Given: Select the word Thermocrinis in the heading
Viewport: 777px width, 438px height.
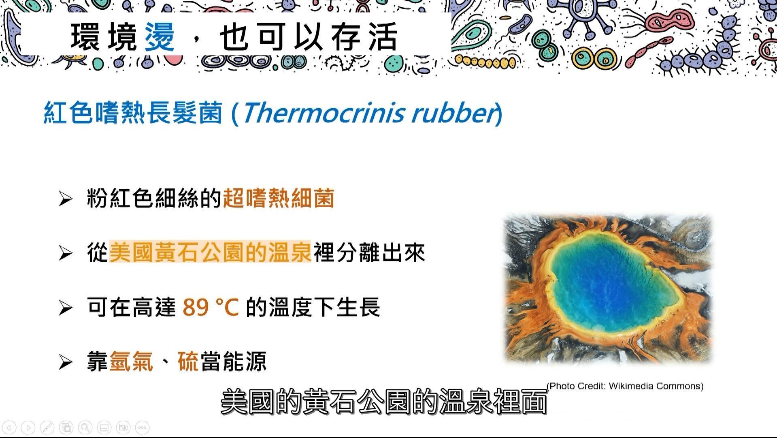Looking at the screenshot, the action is click(323, 112).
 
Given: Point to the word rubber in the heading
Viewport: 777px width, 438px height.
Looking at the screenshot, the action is click(454, 112).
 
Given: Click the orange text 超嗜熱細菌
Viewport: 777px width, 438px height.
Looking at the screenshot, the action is click(279, 199).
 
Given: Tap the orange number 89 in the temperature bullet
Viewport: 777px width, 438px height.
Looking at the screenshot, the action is click(196, 307).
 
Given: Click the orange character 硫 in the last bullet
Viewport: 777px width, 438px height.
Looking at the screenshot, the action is click(188, 361).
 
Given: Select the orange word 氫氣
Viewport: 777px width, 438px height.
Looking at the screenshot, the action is click(131, 361).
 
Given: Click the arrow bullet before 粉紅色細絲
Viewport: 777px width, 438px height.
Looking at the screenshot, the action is click(65, 199).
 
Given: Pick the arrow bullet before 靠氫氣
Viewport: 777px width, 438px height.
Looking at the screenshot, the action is click(65, 361).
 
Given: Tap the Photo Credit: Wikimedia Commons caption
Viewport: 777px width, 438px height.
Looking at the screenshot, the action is click(625, 386).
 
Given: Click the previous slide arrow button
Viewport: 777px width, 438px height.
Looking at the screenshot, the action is click(9, 427).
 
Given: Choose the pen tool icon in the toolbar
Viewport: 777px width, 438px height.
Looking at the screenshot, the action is click(47, 427).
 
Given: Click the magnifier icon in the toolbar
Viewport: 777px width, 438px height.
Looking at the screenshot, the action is click(85, 427).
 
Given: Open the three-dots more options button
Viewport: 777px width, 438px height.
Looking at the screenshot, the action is click(142, 427).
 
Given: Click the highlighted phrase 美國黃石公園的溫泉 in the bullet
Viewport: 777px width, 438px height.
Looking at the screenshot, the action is click(210, 252).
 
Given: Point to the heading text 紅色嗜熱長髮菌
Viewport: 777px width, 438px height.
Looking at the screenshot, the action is click(133, 112).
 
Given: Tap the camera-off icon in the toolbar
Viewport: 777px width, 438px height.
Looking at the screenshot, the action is click(123, 427).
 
